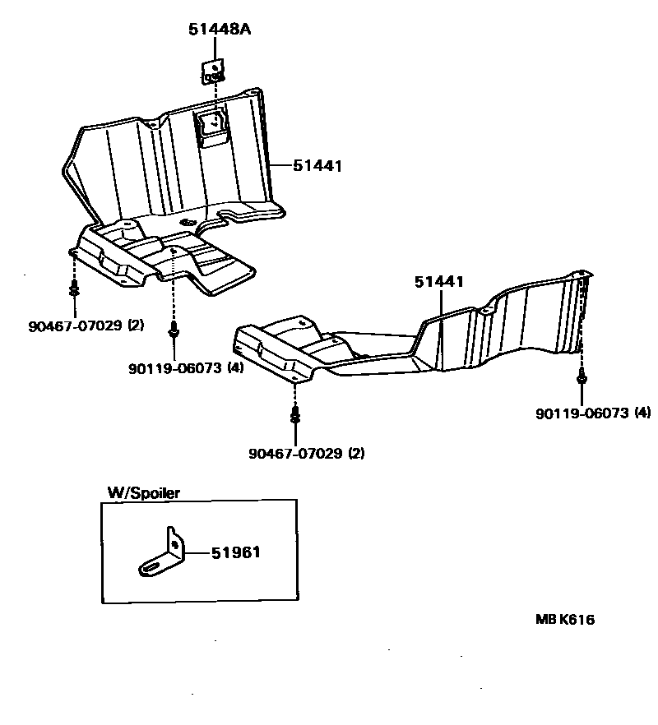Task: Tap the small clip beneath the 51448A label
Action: tap(213, 70)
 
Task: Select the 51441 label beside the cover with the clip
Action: tap(317, 166)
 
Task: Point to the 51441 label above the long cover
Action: tap(439, 282)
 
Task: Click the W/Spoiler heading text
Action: tap(144, 492)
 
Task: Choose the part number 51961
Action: tap(235, 552)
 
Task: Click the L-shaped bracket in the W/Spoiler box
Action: tap(164, 555)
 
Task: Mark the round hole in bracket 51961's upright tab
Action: tap(174, 543)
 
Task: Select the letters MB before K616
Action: tap(547, 620)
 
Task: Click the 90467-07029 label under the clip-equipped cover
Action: tap(73, 326)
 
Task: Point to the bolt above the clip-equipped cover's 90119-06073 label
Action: tap(173, 330)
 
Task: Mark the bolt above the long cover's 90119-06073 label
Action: tap(582, 377)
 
